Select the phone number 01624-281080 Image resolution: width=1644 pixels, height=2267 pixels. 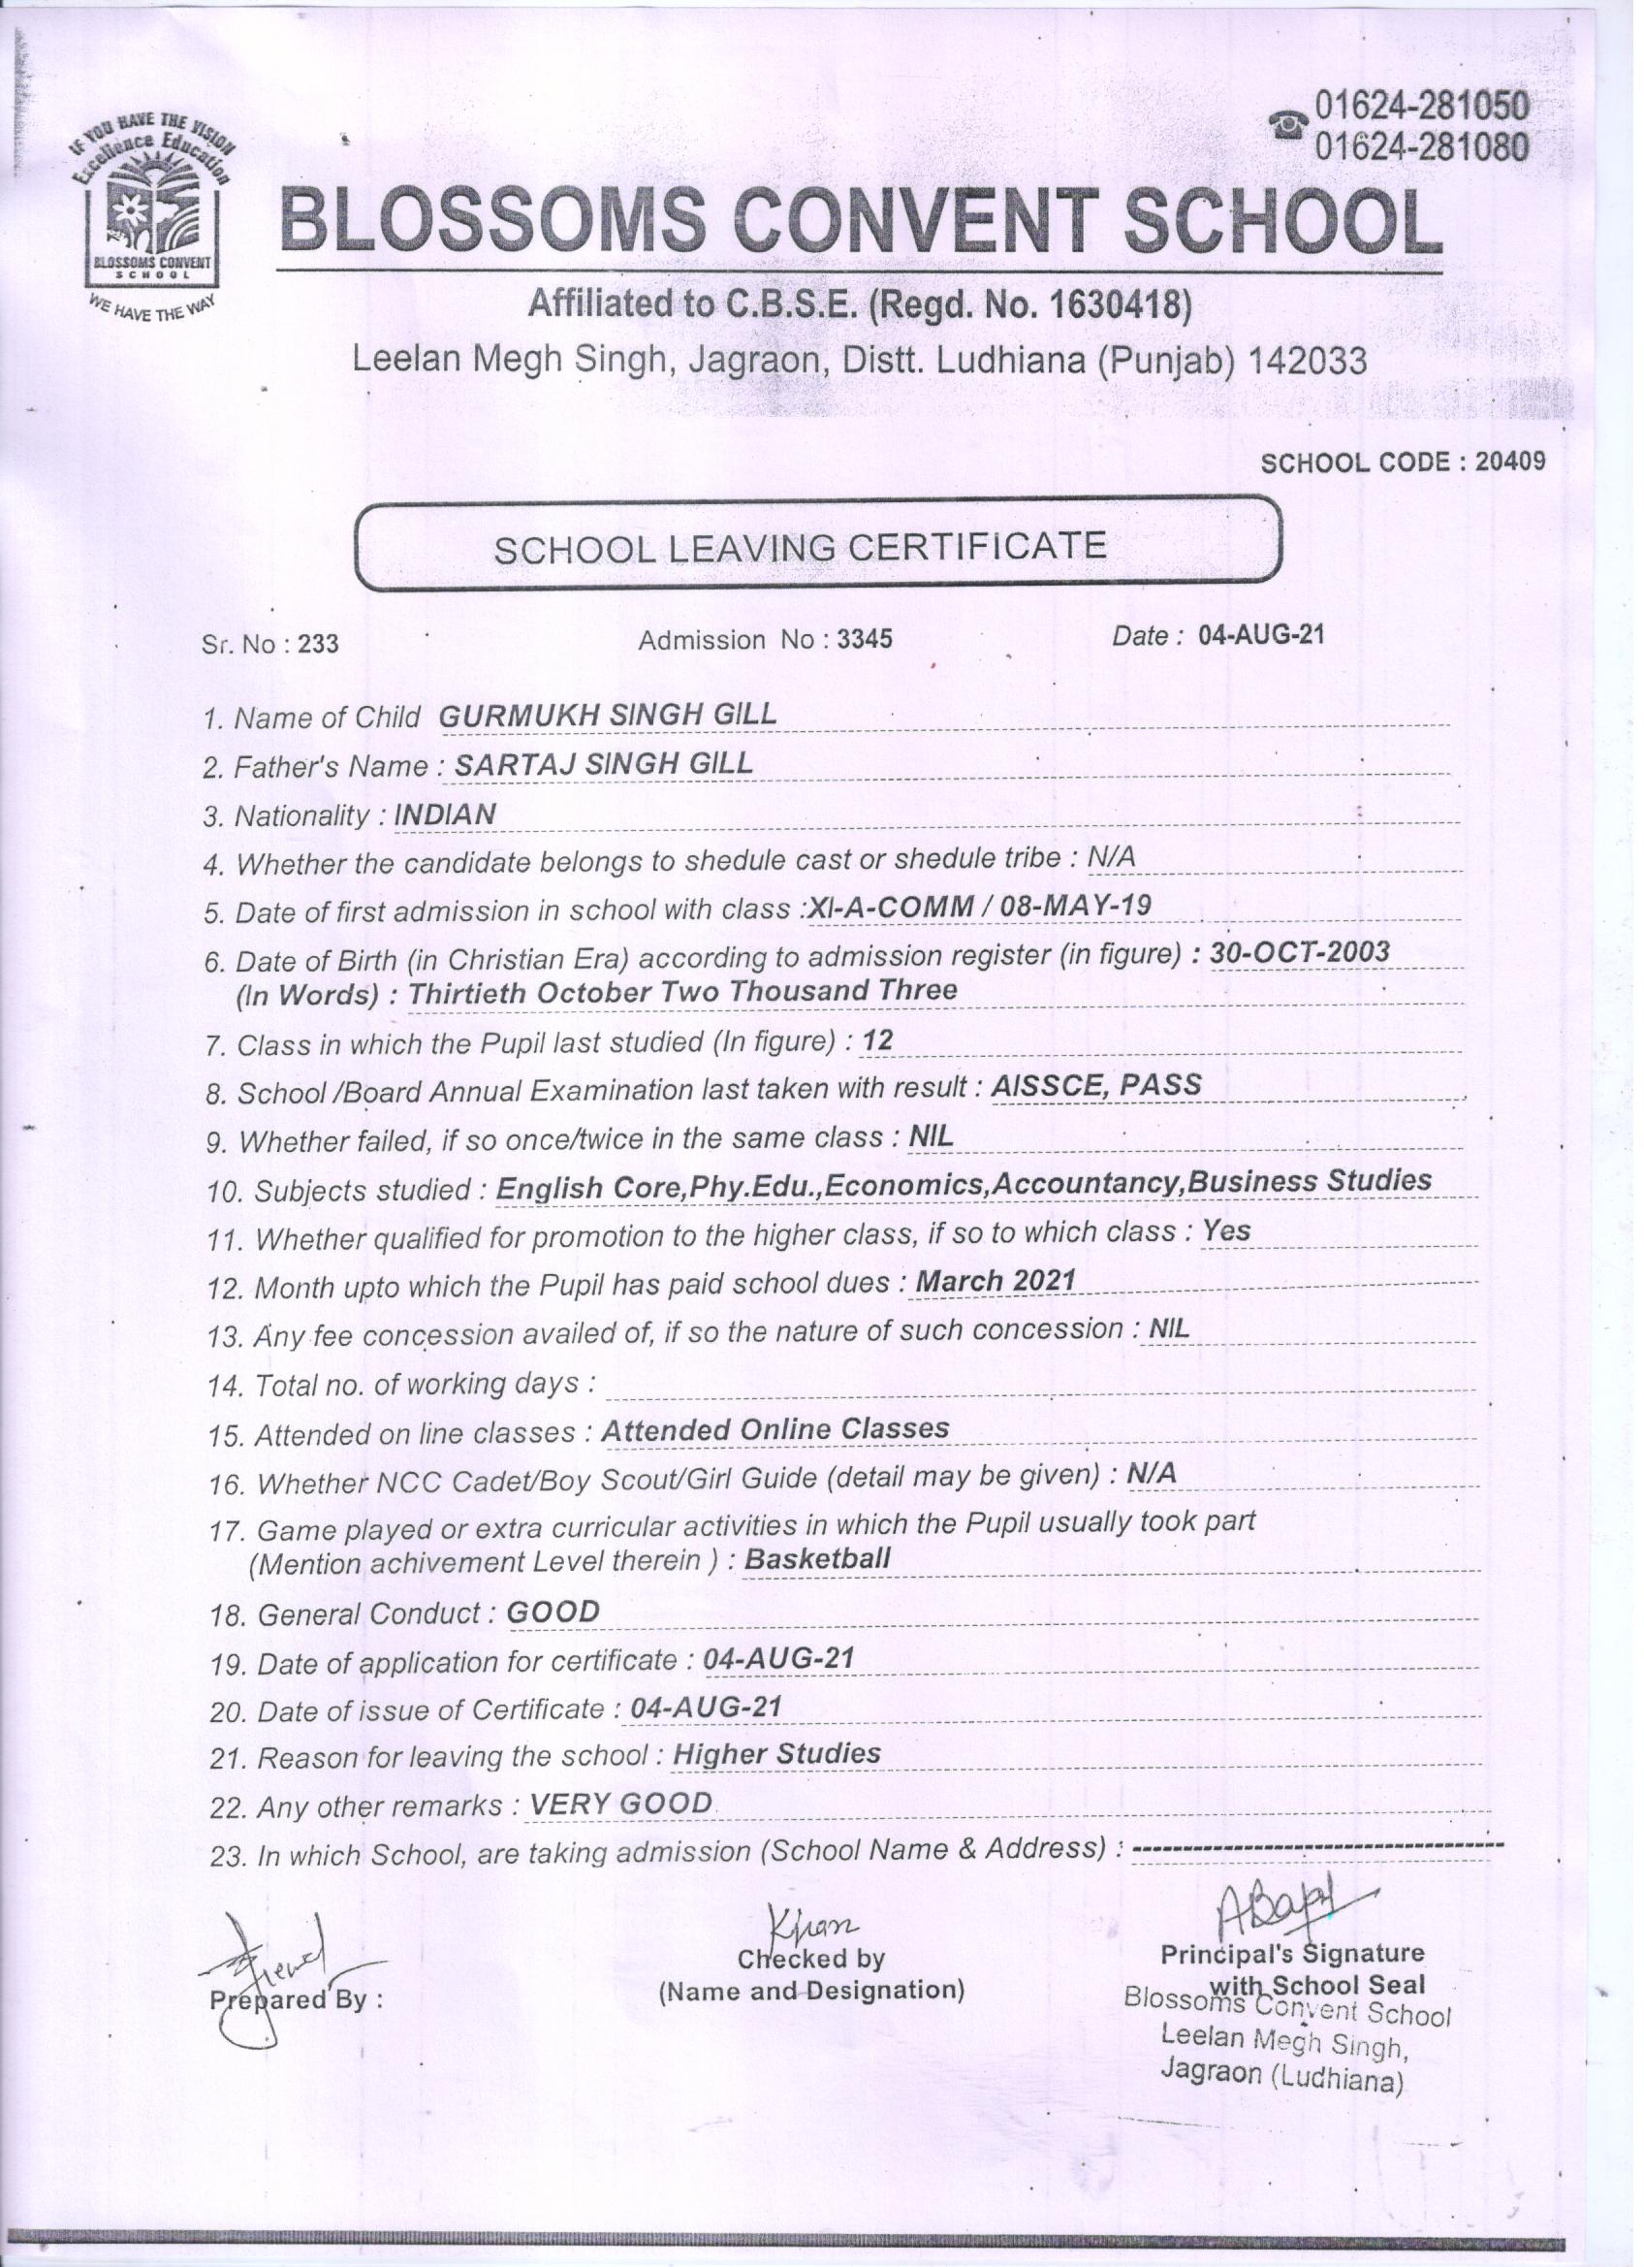pos(1423,147)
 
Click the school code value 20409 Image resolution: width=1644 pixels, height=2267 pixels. pos(1514,462)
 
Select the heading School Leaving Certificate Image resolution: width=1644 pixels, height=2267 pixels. pos(801,547)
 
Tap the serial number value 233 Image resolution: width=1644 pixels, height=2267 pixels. pos(318,644)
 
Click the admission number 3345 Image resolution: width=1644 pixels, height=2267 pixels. pos(865,639)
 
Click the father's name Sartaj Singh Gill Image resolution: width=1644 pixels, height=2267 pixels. pos(604,764)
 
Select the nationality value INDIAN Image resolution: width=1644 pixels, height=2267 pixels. pos(446,814)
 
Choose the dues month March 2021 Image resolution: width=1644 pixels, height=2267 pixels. pos(996,1281)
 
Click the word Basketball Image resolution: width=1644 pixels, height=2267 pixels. pos(817,1558)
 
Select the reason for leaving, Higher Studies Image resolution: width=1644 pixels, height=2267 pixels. pos(776,1753)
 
